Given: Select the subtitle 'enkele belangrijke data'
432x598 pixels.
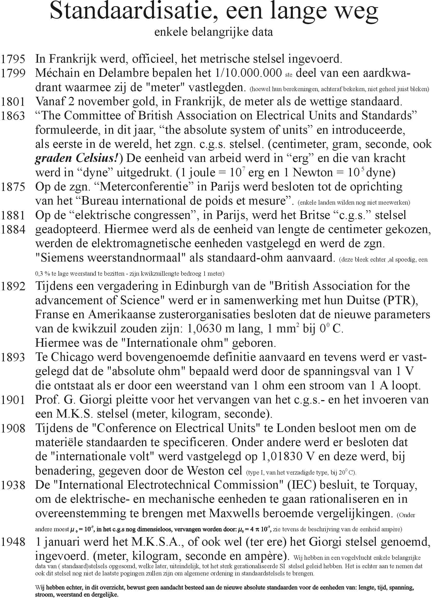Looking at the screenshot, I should (213, 32).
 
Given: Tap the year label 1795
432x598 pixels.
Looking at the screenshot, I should (13, 59).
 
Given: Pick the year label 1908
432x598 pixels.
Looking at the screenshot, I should (13, 428).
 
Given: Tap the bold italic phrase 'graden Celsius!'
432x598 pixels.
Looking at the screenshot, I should (78, 158).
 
